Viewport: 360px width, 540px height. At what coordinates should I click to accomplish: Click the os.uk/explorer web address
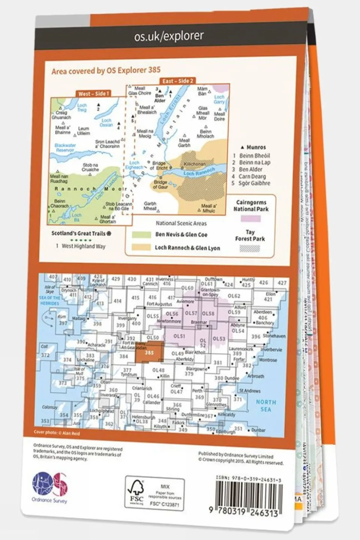tap(169, 36)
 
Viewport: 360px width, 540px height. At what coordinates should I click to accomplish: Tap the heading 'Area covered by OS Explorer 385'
tap(106, 70)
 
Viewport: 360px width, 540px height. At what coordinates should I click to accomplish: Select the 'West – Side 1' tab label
tap(93, 93)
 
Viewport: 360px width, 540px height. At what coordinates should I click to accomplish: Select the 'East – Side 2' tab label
tap(178, 81)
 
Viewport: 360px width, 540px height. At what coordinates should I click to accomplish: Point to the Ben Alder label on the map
tap(160, 98)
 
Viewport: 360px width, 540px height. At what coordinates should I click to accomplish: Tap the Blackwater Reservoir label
tap(65, 147)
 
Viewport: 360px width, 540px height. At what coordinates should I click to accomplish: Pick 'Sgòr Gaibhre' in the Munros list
tap(255, 183)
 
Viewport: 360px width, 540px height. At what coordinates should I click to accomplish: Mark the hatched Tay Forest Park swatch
tap(250, 248)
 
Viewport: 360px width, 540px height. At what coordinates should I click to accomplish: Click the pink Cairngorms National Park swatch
tap(251, 218)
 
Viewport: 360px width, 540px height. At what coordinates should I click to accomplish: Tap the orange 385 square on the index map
tap(149, 353)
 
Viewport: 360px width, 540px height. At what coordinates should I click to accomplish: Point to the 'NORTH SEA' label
tap(266, 405)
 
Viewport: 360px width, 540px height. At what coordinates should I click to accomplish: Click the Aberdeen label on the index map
tap(263, 312)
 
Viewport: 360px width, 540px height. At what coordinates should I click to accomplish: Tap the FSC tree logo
tap(136, 491)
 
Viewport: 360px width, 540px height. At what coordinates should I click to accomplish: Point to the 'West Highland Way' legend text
tap(83, 246)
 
